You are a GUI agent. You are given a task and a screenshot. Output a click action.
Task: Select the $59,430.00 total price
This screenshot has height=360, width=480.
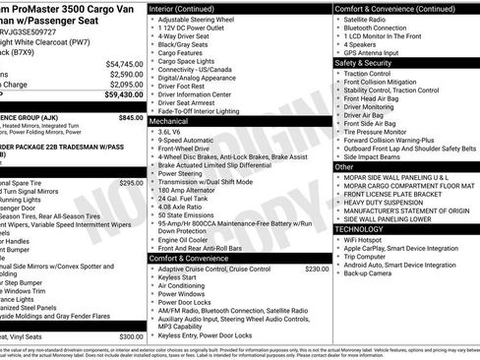click(123, 95)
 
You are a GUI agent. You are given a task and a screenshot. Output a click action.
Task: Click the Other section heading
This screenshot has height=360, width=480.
click(345, 167)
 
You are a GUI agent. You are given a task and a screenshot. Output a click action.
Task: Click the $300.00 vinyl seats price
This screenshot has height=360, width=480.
click(131, 336)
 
